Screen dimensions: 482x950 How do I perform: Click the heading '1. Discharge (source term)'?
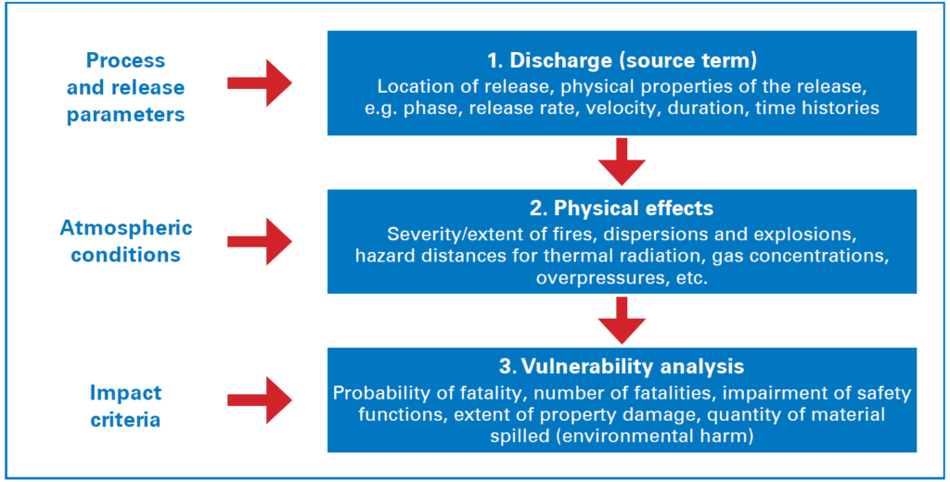tap(622, 61)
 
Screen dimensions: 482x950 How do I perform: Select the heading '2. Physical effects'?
tap(622, 206)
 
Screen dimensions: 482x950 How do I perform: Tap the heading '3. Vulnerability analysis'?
tap(622, 366)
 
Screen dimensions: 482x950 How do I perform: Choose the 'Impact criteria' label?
tap(125, 406)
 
